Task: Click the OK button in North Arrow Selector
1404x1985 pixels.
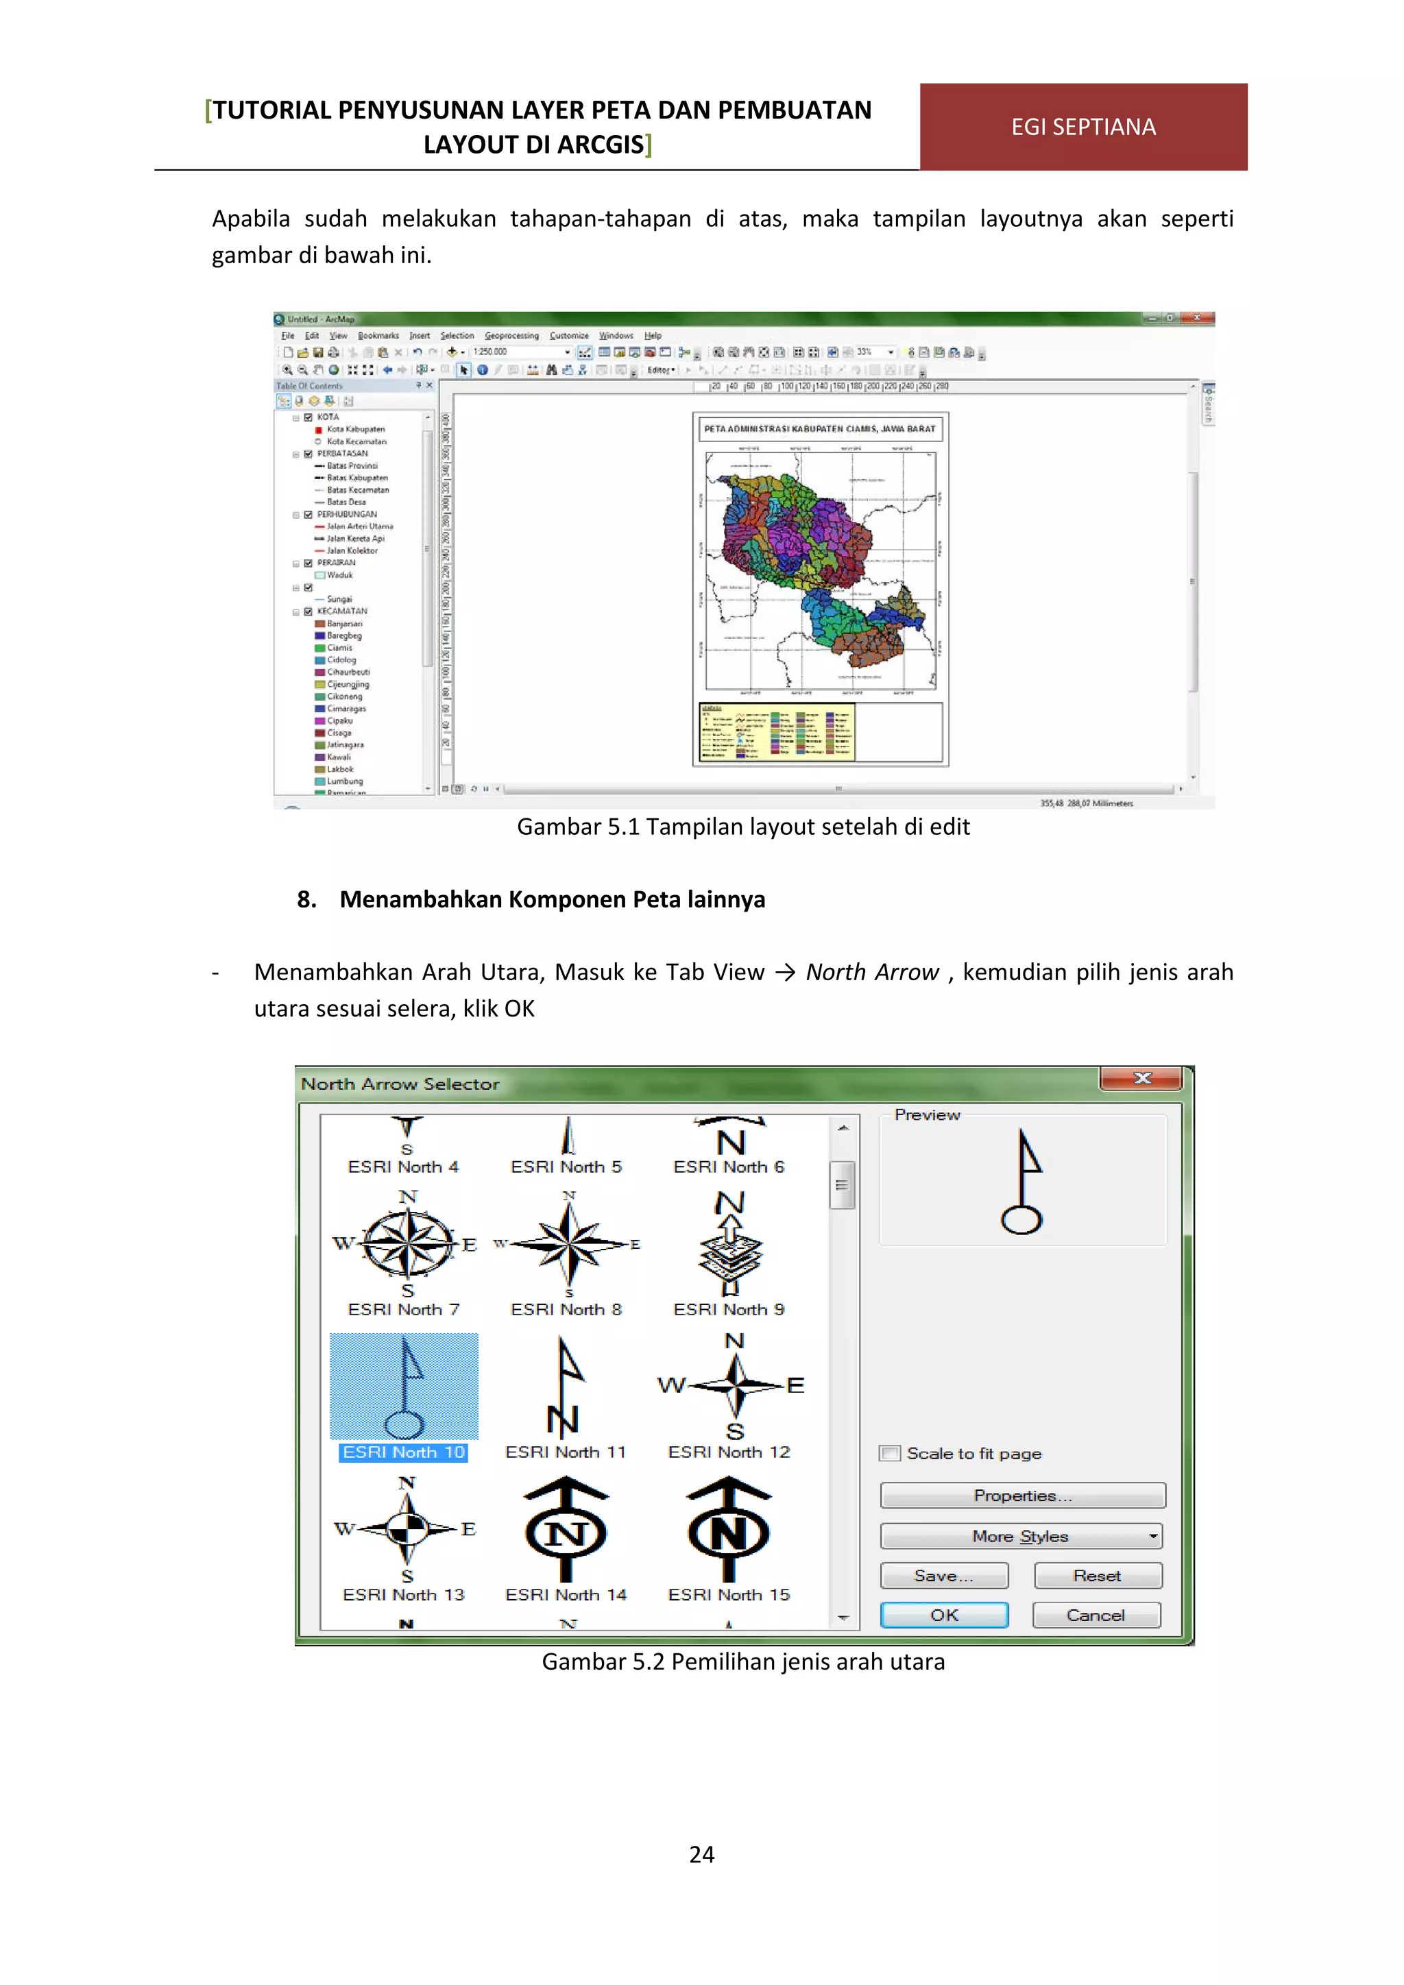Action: [943, 1615]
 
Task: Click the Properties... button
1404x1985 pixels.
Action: [1022, 1496]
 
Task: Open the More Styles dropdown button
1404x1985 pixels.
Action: [1021, 1536]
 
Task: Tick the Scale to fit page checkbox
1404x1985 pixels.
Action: [890, 1453]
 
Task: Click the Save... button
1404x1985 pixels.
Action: [943, 1576]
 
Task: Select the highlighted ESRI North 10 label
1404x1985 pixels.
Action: [403, 1452]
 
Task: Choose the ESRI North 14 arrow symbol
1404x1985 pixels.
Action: [566, 1531]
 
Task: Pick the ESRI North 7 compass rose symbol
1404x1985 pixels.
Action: [407, 1243]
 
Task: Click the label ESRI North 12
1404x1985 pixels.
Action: [729, 1452]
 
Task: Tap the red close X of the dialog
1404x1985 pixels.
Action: [1141, 1078]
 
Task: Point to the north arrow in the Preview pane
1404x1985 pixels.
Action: [1023, 1181]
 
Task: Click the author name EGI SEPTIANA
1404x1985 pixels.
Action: [1082, 127]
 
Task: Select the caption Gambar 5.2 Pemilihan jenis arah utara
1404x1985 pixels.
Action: [742, 1661]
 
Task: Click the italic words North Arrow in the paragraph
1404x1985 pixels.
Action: [871, 973]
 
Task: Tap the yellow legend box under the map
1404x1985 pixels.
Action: [775, 731]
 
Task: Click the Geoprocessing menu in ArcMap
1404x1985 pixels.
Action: [511, 335]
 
